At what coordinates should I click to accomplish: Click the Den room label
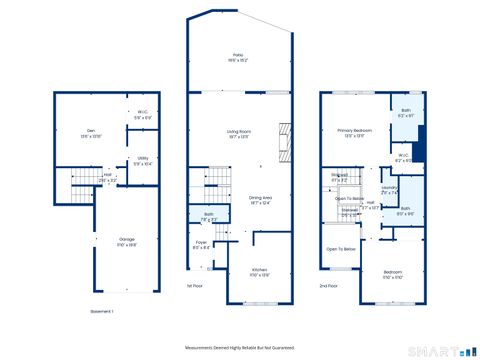(90, 132)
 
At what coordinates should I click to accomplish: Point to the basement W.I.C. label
(142, 114)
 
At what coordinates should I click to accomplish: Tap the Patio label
(238, 57)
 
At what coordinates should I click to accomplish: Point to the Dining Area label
(263, 199)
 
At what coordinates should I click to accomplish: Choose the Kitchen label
(258, 272)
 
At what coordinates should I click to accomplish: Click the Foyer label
(201, 244)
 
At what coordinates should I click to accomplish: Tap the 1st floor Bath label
(209, 215)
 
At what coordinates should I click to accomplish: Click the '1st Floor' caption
(195, 286)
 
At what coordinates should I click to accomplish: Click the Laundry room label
(390, 189)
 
